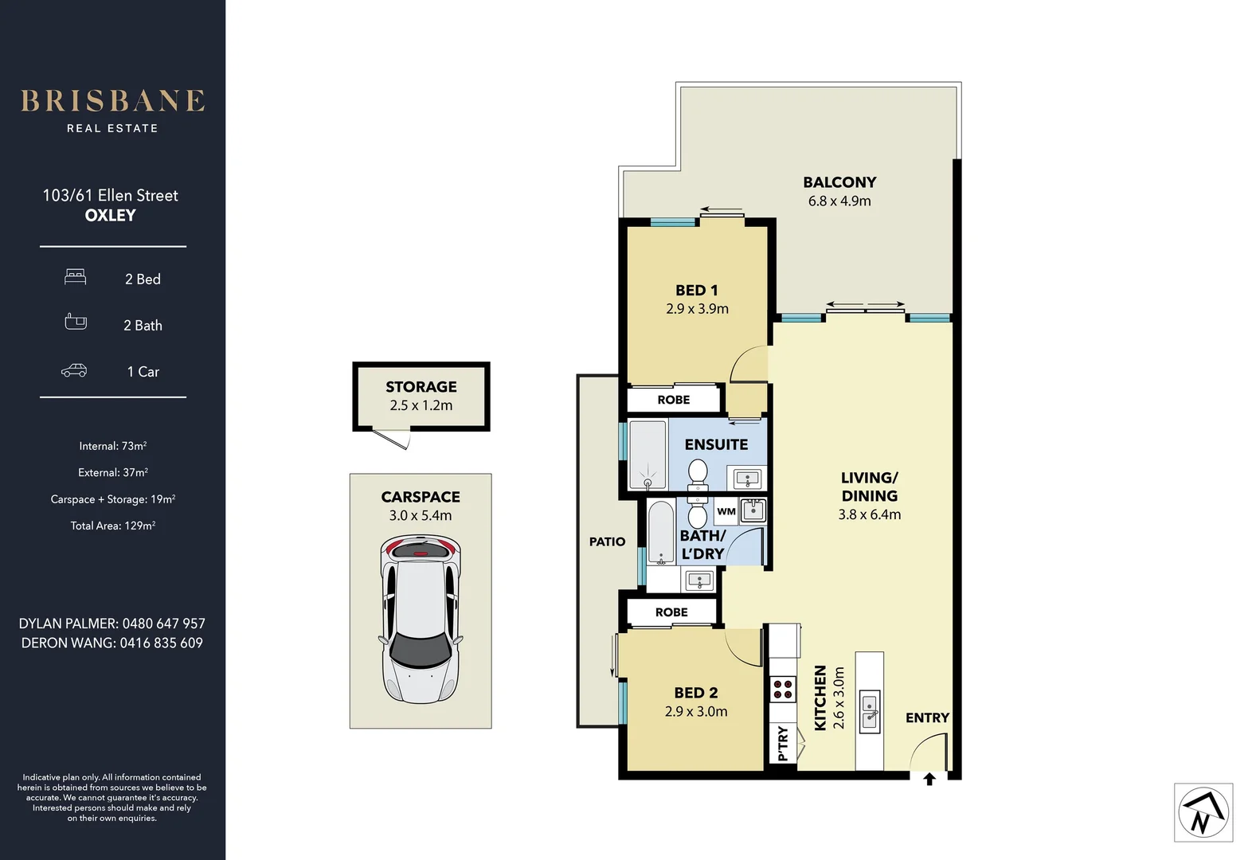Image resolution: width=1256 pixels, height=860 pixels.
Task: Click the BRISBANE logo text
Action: [x=112, y=101]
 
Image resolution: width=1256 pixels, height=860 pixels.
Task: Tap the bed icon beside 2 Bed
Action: [x=76, y=277]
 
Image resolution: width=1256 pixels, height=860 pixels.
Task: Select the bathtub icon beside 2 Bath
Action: [x=76, y=322]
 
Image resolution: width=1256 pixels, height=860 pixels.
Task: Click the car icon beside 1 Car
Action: [x=74, y=370]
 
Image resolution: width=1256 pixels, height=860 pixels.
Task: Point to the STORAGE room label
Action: [x=421, y=387]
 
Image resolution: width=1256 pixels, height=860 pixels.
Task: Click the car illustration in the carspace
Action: [x=421, y=619]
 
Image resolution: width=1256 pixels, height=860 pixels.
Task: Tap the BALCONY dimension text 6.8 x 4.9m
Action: [x=839, y=201]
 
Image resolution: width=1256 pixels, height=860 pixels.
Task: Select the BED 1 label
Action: [x=696, y=291]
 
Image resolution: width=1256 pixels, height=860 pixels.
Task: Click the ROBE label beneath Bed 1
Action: [x=673, y=400]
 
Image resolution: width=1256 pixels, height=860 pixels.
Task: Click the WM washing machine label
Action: [x=726, y=512]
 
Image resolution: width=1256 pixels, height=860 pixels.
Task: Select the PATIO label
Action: [x=607, y=541]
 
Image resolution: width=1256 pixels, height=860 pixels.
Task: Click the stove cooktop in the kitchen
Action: [x=783, y=689]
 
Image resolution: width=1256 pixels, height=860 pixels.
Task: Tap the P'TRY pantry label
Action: [x=782, y=743]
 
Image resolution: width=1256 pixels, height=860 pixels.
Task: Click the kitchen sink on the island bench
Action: [x=870, y=712]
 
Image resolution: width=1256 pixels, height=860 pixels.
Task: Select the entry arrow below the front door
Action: [x=929, y=780]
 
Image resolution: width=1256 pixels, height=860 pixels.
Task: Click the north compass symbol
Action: [x=1203, y=813]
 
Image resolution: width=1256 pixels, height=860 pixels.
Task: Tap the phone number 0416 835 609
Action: [x=162, y=643]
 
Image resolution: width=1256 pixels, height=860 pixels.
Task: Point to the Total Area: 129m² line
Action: [x=112, y=526]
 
